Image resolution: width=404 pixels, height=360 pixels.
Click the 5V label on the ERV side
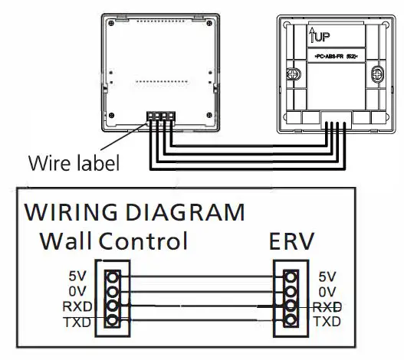(327, 277)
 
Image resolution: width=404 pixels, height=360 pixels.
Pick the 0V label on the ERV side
(327, 292)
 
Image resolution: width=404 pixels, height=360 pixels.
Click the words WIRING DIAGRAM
(135, 212)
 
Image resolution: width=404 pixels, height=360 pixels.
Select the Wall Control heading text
(113, 241)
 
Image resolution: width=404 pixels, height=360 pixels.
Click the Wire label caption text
(74, 164)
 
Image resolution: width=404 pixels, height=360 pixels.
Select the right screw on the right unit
(376, 75)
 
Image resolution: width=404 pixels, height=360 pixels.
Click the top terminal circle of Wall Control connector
(112, 277)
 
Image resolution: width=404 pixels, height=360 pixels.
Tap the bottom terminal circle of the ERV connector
(291, 321)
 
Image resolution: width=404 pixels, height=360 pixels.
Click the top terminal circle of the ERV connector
(291, 277)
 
